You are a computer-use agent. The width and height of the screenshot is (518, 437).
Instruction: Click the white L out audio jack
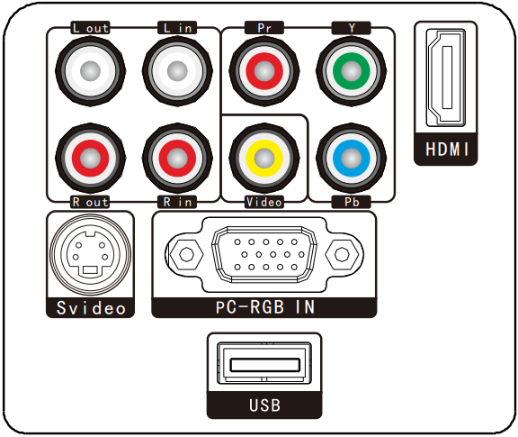tap(90, 71)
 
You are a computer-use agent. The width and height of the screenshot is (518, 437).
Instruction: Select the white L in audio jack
tap(177, 71)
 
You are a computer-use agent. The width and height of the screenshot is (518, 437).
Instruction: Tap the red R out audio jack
tap(90, 158)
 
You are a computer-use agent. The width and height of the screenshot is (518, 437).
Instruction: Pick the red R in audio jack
tap(177, 158)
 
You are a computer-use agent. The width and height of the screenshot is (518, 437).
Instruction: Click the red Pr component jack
tap(264, 71)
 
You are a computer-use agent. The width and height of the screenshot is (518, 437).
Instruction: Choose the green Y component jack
tap(351, 71)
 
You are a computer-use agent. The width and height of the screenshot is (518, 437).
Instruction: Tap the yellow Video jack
tap(264, 158)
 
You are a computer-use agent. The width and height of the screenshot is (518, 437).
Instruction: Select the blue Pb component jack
tap(351, 158)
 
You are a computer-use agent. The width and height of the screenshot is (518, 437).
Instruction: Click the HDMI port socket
tap(446, 77)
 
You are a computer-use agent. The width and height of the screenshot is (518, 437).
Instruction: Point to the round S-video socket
tap(90, 254)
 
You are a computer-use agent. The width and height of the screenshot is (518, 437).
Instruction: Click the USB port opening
tap(264, 363)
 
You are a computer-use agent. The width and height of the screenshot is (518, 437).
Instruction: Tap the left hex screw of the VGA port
tap(186, 254)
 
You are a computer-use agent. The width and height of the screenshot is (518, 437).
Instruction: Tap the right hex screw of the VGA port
tap(342, 254)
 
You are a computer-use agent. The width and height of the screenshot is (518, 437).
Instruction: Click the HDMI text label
tap(447, 149)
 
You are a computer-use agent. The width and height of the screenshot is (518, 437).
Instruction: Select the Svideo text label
tap(91, 308)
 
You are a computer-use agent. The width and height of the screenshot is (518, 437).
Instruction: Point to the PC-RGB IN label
tap(265, 307)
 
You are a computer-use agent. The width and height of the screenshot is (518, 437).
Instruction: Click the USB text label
tap(264, 405)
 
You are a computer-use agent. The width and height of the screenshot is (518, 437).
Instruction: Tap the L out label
tap(90, 28)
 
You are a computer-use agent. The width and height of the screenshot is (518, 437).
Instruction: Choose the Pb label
tap(352, 202)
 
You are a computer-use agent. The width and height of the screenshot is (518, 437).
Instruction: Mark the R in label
tap(177, 202)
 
